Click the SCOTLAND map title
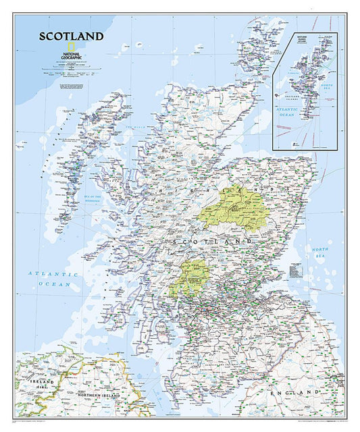[x=71, y=36]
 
